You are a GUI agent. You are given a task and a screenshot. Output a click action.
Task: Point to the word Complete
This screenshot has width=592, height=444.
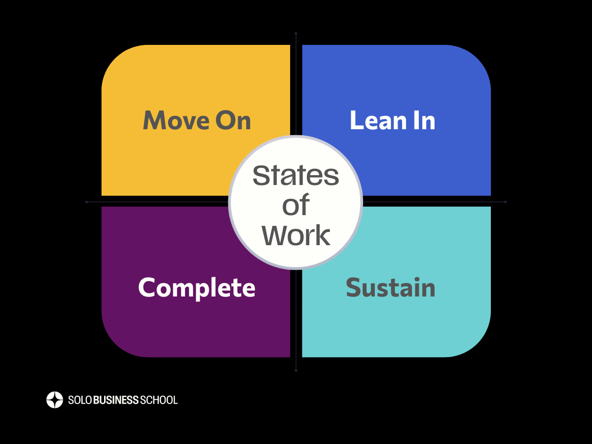pyautogui.click(x=196, y=288)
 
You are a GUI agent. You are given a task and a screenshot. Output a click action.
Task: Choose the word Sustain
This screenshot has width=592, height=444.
pyautogui.click(x=390, y=288)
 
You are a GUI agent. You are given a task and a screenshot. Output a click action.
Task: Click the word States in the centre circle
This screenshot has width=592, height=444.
pyautogui.click(x=296, y=176)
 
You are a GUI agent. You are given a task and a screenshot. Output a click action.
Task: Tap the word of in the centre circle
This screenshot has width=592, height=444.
pyautogui.click(x=296, y=205)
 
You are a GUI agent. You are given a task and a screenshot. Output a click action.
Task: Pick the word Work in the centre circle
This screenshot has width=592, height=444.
pyautogui.click(x=296, y=235)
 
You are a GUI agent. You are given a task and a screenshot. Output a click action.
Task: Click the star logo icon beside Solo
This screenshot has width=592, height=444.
pyautogui.click(x=55, y=400)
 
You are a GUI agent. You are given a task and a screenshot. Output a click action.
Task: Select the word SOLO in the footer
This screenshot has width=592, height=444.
pyautogui.click(x=78, y=400)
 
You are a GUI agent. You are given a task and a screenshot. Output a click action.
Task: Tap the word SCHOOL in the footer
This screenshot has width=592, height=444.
pyautogui.click(x=159, y=400)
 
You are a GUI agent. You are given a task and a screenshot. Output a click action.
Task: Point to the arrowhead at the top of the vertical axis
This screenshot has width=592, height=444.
pyautogui.click(x=296, y=33)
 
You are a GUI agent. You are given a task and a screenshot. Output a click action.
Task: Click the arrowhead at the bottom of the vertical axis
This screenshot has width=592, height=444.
pyautogui.click(x=296, y=370)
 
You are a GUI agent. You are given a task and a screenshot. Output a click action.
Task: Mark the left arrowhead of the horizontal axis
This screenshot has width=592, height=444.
pyautogui.click(x=86, y=202)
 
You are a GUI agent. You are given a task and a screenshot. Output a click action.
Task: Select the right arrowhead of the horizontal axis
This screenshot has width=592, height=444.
pyautogui.click(x=506, y=202)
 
